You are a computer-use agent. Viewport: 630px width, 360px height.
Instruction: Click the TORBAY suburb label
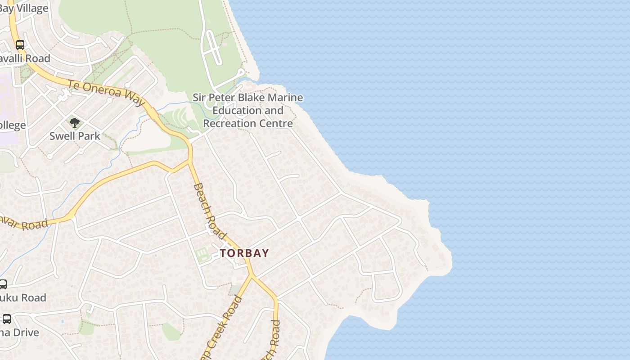pyautogui.click(x=244, y=253)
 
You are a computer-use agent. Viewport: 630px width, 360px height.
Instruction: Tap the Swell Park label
pyautogui.click(x=75, y=136)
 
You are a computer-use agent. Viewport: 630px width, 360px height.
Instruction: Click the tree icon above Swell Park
pyautogui.click(x=75, y=122)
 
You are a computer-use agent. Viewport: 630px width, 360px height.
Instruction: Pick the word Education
pyautogui.click(x=234, y=111)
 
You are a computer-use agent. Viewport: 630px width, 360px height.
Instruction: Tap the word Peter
pyautogui.click(x=221, y=98)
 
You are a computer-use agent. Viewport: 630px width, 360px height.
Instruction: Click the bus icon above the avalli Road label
pyautogui.click(x=20, y=45)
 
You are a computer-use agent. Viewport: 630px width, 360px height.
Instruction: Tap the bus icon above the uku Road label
pyautogui.click(x=3, y=284)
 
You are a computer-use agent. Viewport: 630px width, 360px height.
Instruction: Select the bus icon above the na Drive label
pyautogui.click(x=7, y=319)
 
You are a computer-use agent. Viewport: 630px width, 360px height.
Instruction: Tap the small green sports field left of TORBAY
pyautogui.click(x=202, y=255)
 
